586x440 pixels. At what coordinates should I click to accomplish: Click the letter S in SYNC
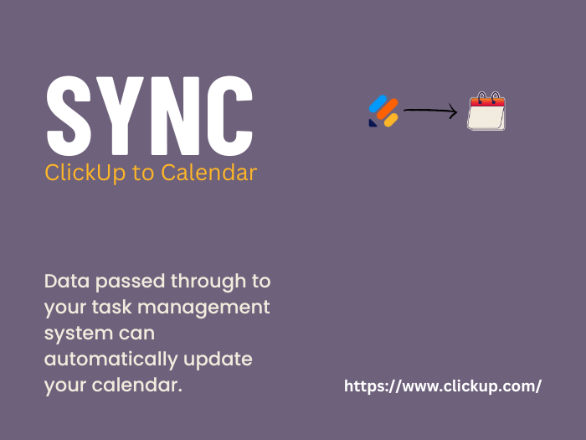tap(69, 116)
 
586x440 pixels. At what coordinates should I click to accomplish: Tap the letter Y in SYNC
tap(119, 116)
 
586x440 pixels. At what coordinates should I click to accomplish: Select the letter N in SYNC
tap(174, 116)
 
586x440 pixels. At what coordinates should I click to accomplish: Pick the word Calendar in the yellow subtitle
tap(209, 173)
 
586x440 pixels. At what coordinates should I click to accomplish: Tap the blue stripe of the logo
tap(378, 104)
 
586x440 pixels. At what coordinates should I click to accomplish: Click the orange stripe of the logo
tap(388, 109)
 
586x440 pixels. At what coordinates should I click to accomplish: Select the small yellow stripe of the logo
tap(391, 120)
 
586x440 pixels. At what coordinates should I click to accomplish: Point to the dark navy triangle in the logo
tap(373, 123)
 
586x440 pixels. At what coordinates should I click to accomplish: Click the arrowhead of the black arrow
tap(454, 111)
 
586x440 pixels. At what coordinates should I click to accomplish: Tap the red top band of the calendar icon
tap(488, 101)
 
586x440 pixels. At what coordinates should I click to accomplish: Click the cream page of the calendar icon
tap(486, 117)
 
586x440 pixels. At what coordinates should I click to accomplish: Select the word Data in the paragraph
tap(67, 281)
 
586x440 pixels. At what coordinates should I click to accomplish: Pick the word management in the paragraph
tap(203, 308)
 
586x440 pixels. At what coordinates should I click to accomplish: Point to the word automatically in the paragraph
tap(111, 360)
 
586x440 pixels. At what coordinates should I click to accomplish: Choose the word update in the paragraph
tap(218, 360)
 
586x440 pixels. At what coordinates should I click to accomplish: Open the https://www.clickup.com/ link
tap(443, 386)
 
